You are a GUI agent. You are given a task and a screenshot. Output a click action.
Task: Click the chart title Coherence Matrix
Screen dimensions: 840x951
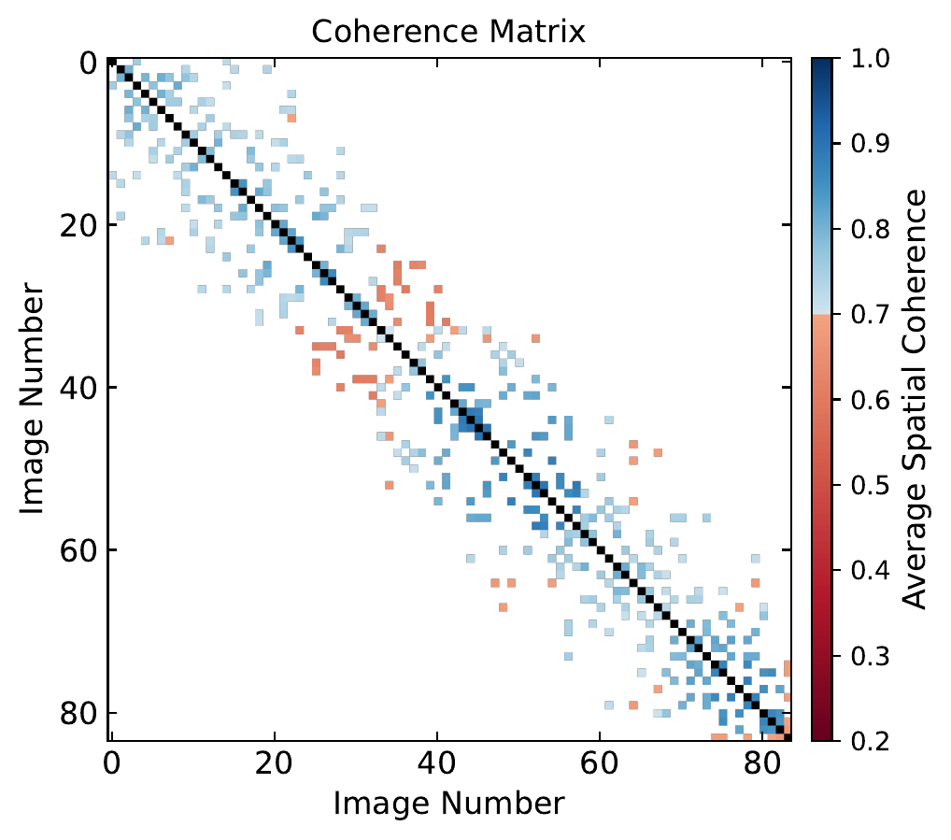point(447,31)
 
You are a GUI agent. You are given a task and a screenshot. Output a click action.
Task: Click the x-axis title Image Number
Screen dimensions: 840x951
point(447,804)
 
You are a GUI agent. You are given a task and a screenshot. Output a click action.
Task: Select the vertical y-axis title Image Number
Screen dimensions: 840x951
point(33,400)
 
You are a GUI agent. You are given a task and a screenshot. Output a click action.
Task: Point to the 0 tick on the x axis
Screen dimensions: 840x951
point(111,767)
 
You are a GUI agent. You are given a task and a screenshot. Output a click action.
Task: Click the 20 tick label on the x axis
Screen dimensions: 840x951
point(274,767)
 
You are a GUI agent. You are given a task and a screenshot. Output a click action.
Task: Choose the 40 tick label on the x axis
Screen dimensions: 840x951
point(436,767)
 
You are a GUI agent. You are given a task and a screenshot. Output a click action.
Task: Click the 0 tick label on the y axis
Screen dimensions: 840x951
point(87,64)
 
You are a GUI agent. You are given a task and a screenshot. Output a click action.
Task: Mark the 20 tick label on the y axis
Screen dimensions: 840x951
point(77,226)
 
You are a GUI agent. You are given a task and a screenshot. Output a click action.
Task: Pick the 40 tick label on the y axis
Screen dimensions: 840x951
point(77,389)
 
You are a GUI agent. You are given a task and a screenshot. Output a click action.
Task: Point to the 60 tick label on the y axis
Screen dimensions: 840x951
point(77,551)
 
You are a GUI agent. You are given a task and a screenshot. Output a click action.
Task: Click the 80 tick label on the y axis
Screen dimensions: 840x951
point(77,714)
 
